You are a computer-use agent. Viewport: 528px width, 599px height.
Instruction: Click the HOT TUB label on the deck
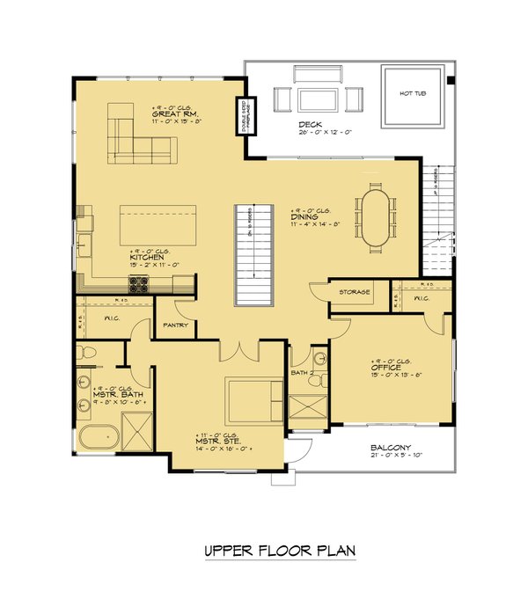click(413, 92)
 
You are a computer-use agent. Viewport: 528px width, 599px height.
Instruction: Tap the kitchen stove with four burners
click(139, 283)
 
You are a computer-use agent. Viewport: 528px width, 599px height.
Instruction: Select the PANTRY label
click(176, 325)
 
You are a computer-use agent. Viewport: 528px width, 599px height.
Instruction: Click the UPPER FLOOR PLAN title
click(279, 552)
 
